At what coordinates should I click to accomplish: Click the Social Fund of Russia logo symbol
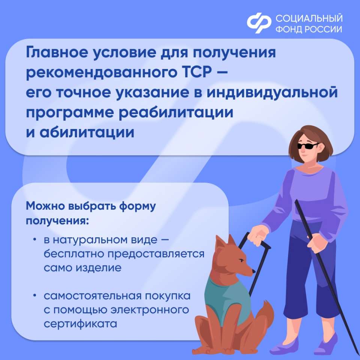pyautogui.click(x=259, y=23)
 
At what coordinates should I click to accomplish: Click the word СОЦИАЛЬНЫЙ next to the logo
pyautogui.click(x=309, y=18)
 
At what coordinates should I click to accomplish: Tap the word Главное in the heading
pyautogui.click(x=57, y=52)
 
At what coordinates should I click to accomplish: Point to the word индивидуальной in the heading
pyautogui.click(x=272, y=93)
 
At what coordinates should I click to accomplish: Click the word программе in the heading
pyautogui.click(x=70, y=113)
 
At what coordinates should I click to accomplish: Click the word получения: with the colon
pyautogui.click(x=57, y=221)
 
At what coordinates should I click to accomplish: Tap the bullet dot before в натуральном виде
pyautogui.click(x=34, y=240)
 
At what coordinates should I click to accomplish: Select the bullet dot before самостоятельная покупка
pyautogui.click(x=34, y=295)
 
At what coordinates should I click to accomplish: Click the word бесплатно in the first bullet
pyautogui.click(x=74, y=253)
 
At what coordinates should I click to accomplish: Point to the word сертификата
pyautogui.click(x=80, y=324)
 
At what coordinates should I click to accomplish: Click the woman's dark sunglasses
pyautogui.click(x=308, y=146)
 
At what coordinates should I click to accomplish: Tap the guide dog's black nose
pyautogui.click(x=254, y=271)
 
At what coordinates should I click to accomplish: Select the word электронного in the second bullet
pyautogui.click(x=150, y=310)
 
